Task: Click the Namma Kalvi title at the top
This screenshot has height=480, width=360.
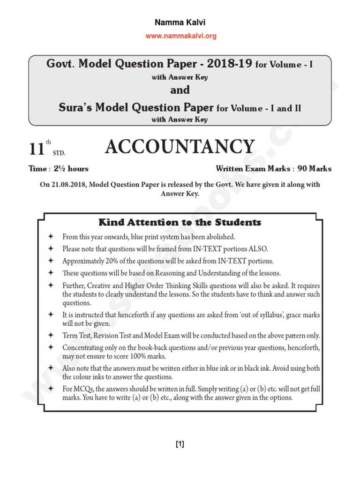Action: tap(180, 22)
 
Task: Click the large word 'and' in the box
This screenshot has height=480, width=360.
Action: tap(180, 90)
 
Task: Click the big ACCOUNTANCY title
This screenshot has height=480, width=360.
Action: tap(180, 147)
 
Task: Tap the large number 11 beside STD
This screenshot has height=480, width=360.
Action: tap(36, 150)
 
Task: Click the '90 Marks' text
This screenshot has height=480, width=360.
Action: tap(315, 169)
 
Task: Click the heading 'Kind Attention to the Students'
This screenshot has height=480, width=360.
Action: tap(180, 222)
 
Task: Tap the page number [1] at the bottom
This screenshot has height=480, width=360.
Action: tap(180, 445)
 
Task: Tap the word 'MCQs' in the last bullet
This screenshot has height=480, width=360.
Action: tap(82, 389)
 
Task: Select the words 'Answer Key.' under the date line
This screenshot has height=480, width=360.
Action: tap(180, 193)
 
